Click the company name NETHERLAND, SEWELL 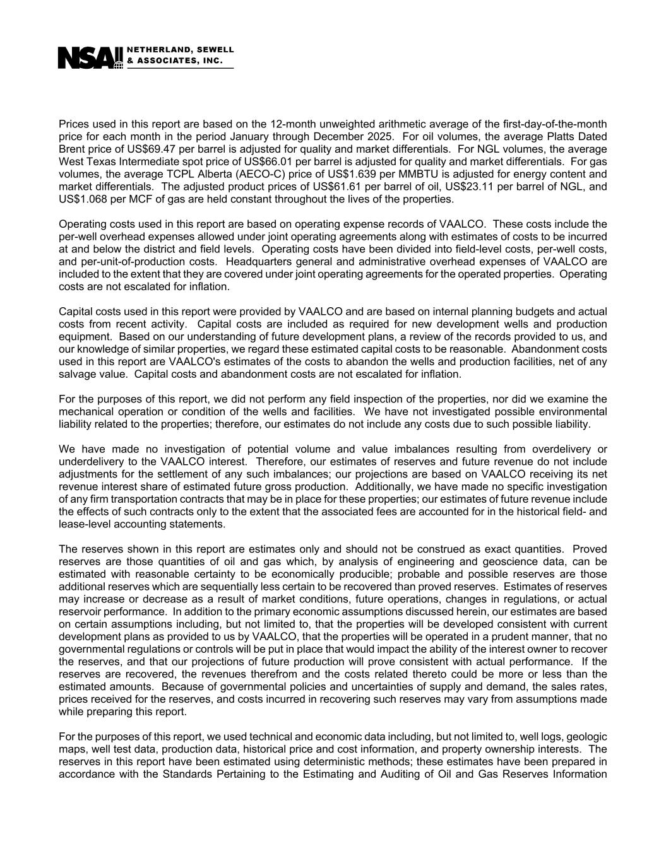tap(181, 49)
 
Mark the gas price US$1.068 tap(83, 199)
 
